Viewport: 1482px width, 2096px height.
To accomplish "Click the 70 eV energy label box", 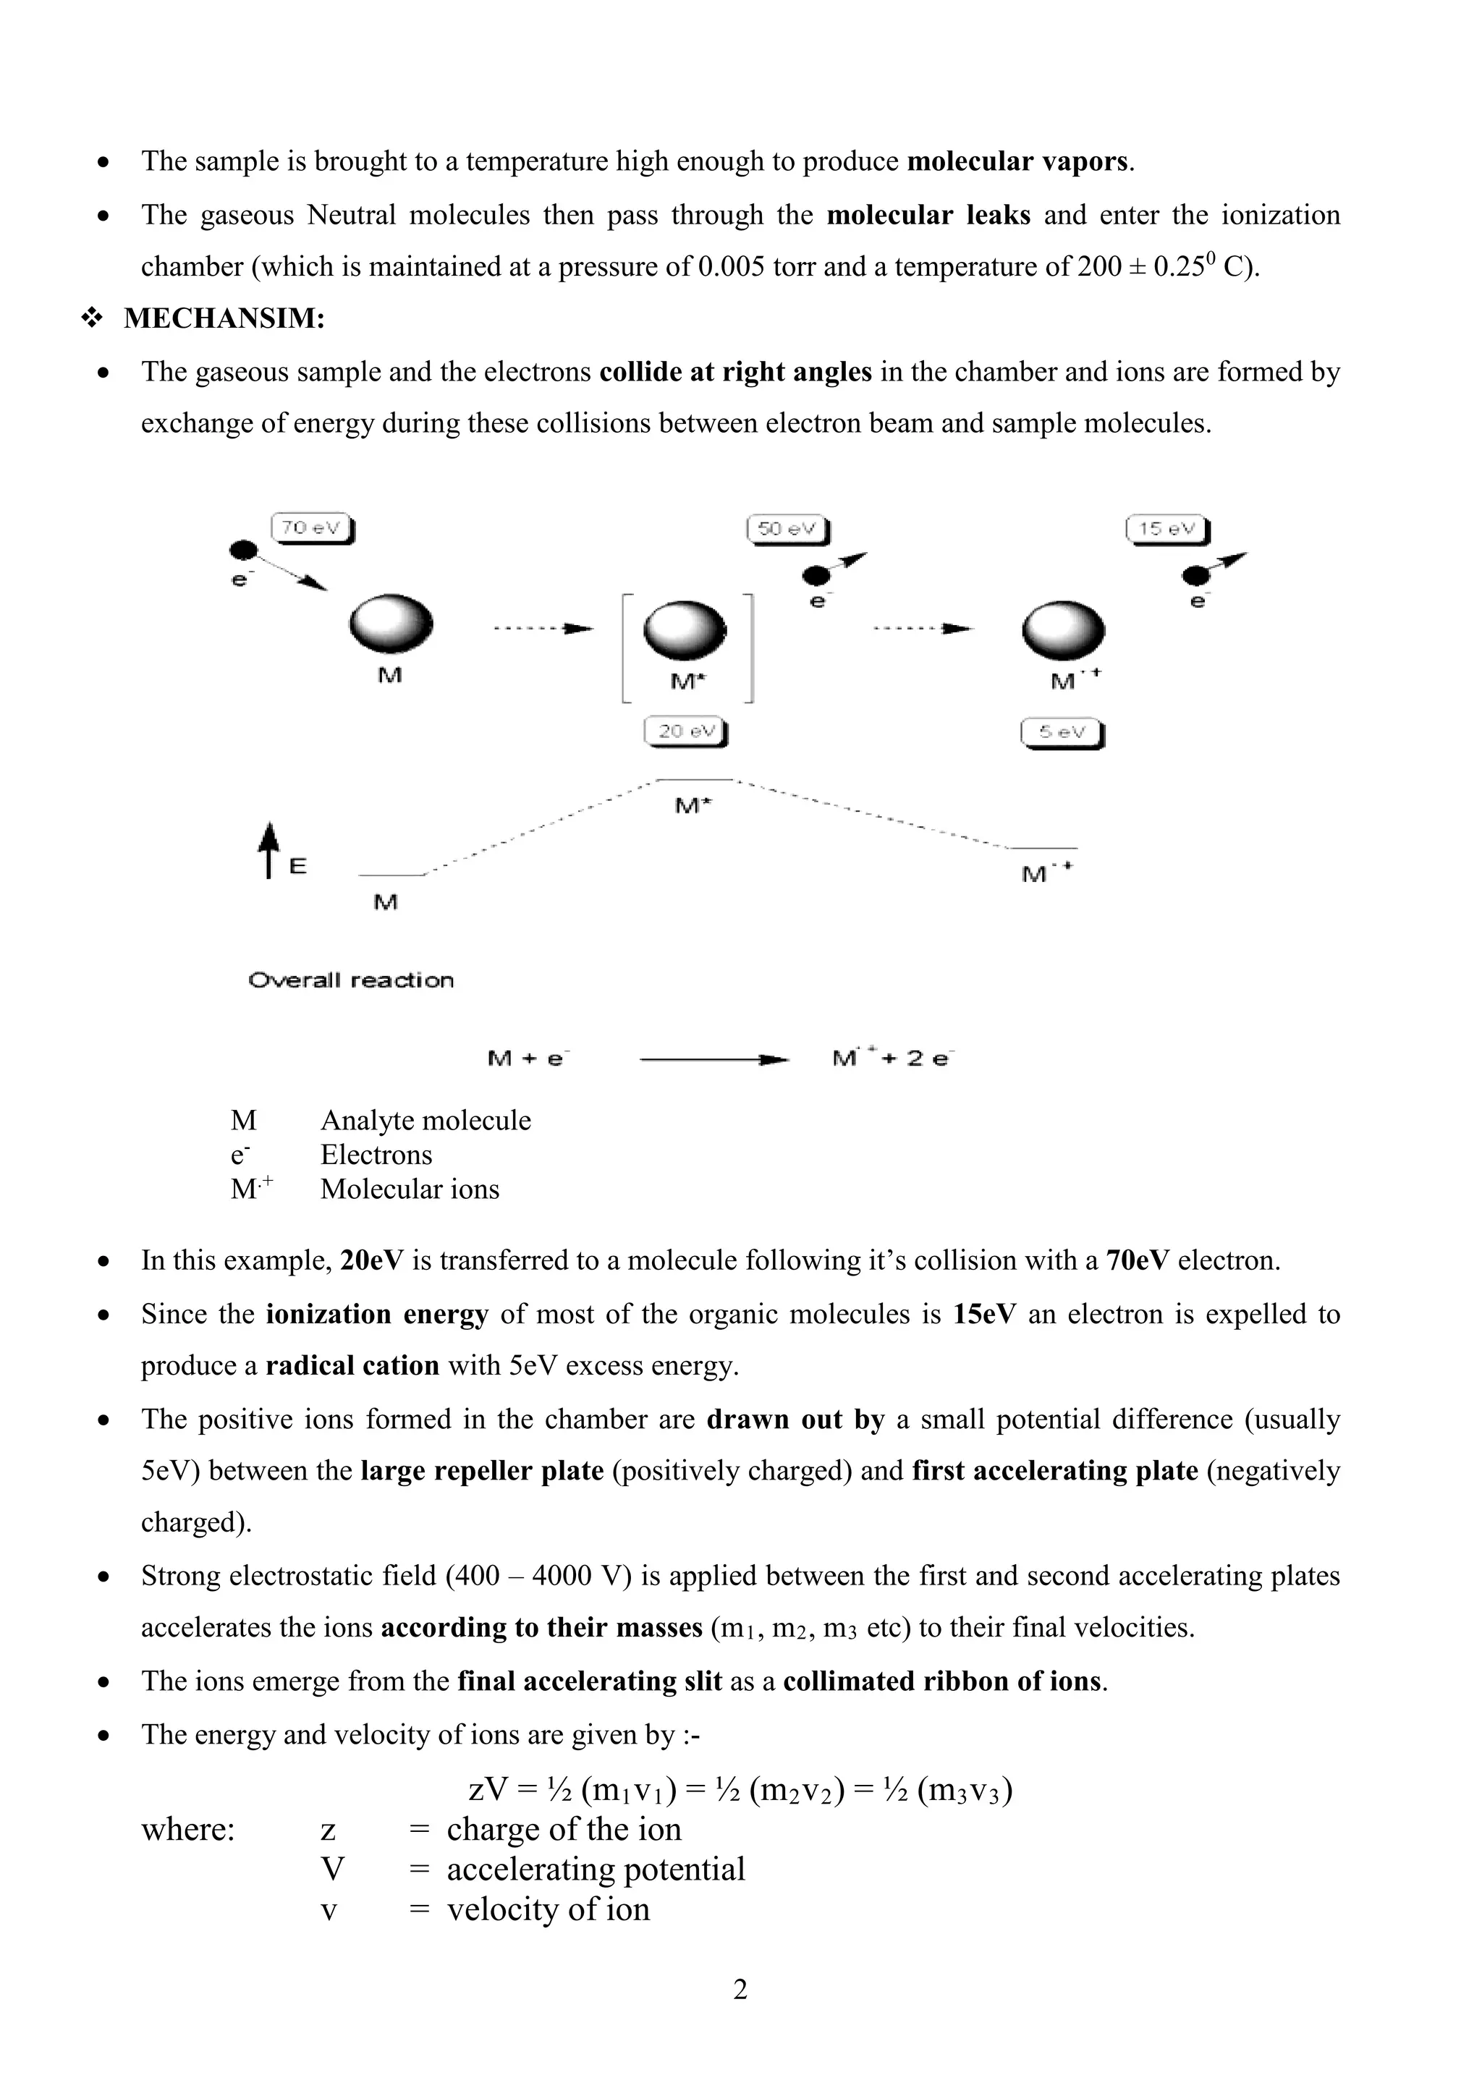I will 313,529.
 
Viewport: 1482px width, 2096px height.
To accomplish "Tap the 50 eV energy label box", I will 788,530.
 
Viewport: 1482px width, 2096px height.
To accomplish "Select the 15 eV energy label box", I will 1168,530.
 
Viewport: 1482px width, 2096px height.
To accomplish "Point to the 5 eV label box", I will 1062,733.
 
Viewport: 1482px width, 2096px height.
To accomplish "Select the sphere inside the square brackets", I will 685,630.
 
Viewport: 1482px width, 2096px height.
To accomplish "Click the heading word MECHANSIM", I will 224,318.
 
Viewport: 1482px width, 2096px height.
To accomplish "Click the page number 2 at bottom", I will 740,1988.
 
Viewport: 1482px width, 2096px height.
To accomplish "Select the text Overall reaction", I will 351,980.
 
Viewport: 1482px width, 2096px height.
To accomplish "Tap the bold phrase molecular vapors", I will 1018,161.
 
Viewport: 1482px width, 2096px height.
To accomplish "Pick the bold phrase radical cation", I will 352,1366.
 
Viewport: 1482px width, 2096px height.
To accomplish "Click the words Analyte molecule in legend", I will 425,1120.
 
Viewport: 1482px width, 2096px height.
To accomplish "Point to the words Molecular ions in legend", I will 410,1189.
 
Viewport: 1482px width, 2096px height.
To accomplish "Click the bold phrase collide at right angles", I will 735,373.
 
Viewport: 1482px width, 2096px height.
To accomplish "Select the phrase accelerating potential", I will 596,1869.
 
